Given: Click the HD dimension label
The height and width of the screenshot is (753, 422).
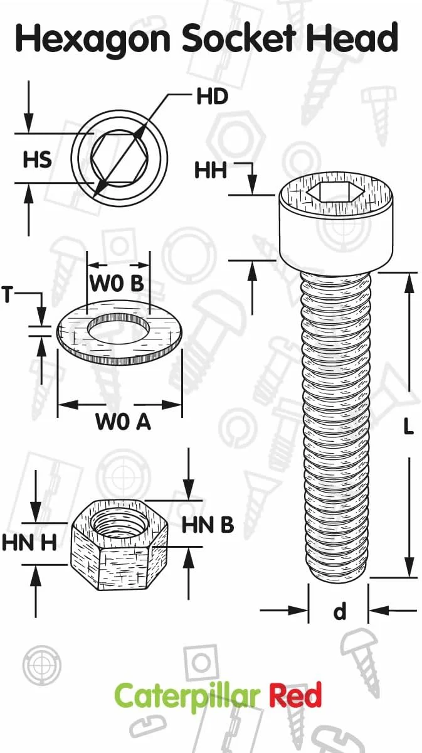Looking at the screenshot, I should tap(212, 97).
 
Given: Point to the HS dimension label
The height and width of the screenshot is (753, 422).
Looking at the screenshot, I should tap(37, 160).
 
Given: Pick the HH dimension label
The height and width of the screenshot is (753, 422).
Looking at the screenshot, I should tap(211, 170).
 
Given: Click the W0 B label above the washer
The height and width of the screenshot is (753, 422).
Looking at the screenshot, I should tap(117, 284).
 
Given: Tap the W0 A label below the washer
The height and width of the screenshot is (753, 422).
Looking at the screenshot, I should tap(123, 422).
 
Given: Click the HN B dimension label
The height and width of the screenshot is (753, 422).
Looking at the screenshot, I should tap(208, 525).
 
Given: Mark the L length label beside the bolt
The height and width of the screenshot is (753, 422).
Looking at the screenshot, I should tap(408, 427).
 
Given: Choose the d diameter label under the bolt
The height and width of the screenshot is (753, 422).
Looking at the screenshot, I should tap(339, 611).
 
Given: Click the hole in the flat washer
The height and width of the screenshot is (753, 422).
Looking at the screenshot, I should tap(119, 329).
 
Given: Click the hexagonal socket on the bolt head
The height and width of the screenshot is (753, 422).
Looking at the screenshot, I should tap(336, 193).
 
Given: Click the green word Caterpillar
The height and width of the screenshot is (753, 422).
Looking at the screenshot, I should tap(187, 697).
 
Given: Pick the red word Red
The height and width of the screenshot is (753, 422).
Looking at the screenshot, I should tap(295, 697).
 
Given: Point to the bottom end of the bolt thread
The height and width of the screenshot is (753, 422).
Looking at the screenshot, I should tap(339, 574).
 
